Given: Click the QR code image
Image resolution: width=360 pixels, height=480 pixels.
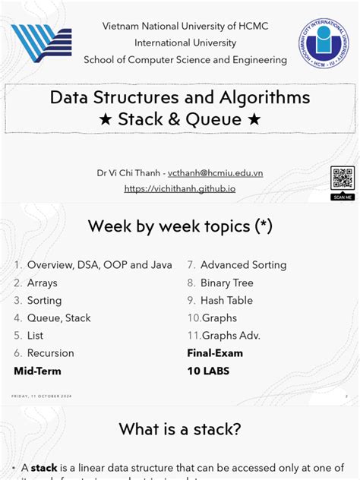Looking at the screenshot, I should [x=343, y=178].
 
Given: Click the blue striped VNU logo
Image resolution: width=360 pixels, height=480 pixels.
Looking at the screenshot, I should [x=42, y=45].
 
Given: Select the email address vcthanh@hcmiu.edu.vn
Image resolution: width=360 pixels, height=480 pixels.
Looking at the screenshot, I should [x=216, y=172].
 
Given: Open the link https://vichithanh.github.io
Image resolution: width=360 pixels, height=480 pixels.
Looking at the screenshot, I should [x=180, y=188].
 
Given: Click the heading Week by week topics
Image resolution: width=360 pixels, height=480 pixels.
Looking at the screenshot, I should [x=180, y=226].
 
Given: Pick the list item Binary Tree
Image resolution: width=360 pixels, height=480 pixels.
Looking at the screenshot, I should [x=227, y=283].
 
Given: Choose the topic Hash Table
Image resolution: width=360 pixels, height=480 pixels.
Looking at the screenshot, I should [x=226, y=300].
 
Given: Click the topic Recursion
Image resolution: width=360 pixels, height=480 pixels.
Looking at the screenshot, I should [x=50, y=353].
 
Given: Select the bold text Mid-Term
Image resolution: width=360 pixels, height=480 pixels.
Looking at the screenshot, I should [x=37, y=371].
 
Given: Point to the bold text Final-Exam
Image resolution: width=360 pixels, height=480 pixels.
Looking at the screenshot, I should [x=216, y=353].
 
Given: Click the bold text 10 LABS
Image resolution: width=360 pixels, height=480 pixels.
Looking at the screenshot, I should [x=208, y=371].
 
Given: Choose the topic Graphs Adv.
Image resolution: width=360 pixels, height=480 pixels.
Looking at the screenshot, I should [x=231, y=335].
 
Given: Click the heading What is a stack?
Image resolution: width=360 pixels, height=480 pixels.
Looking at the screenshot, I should [x=180, y=429].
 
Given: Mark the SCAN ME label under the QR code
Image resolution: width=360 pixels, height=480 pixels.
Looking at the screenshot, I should [x=343, y=197].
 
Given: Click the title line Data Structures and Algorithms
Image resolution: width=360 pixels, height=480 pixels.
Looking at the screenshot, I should [x=180, y=98].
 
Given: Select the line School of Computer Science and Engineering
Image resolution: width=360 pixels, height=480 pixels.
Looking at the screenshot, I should [x=185, y=59].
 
